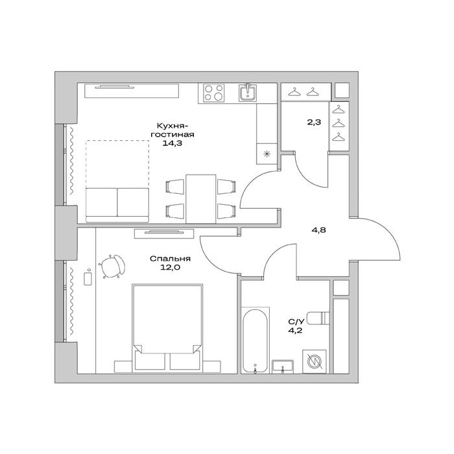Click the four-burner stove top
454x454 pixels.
point(213,93)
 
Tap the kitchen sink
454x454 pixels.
point(247,92)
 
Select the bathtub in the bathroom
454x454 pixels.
point(255,341)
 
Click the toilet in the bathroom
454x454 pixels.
point(318,318)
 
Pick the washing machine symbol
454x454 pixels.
point(315,361)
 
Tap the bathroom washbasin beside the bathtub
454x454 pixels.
point(283,366)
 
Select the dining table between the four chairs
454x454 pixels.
point(200,199)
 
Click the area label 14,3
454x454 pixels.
point(172,143)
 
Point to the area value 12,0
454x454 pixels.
point(170,267)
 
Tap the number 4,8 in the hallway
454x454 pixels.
point(318,230)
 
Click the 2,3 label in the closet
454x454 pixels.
point(314,122)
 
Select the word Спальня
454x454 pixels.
point(170,259)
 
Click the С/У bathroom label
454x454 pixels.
point(296,322)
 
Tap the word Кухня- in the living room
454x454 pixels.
point(173,126)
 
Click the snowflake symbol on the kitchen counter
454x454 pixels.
point(267,154)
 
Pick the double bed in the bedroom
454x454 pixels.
point(167,328)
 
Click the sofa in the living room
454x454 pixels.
point(117,205)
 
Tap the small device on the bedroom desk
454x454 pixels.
point(88,278)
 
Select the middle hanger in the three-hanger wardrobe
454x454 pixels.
point(339,124)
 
